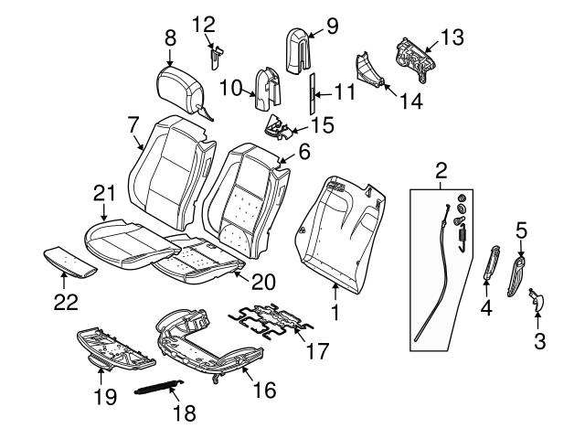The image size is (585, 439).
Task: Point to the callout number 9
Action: pos(331,26)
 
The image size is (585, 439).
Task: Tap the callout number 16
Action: pos(263,391)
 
